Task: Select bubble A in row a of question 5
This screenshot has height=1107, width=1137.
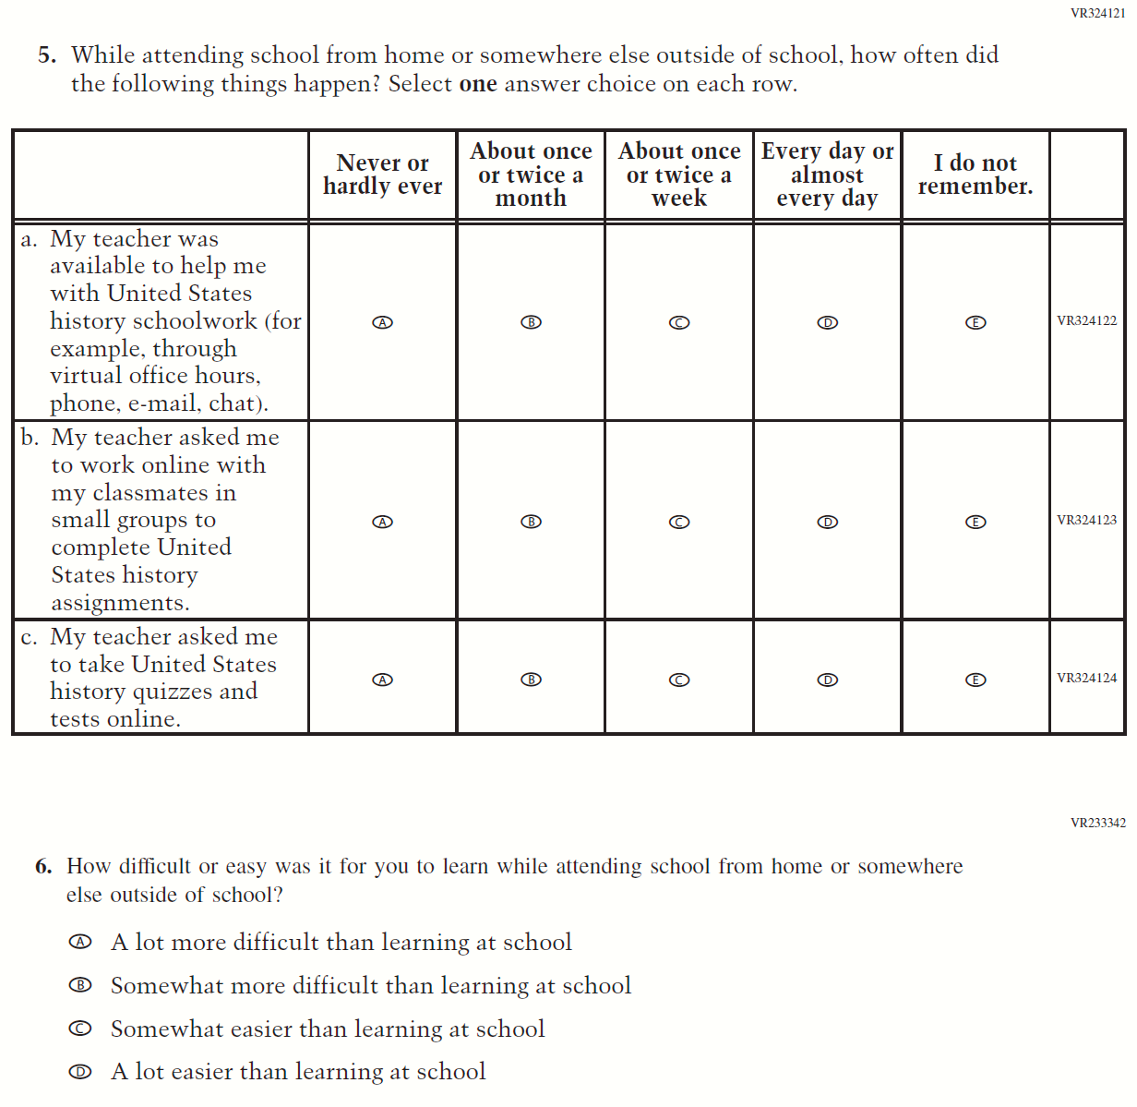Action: [x=382, y=322]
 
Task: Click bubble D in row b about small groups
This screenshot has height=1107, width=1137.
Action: [x=828, y=522]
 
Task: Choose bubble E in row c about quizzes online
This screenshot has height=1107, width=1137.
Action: [x=975, y=680]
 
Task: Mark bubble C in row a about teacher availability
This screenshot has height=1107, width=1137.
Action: [x=679, y=322]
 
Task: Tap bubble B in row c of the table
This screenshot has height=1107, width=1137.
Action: [x=531, y=680]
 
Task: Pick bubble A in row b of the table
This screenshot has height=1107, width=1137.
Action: [x=382, y=522]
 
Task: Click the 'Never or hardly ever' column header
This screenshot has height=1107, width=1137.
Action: [x=382, y=174]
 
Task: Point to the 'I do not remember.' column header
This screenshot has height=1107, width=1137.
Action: [x=975, y=174]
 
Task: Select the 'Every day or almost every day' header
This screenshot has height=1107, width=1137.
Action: [x=827, y=174]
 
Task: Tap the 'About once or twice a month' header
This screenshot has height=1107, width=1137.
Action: [x=531, y=174]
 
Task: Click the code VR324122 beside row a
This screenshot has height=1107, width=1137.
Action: [x=1086, y=320]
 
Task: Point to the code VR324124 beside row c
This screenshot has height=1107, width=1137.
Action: [x=1086, y=678]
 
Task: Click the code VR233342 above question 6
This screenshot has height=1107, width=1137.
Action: [x=1097, y=823]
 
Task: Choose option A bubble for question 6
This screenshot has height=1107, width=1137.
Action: [x=81, y=942]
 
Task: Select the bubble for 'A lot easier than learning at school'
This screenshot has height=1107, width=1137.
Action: [x=81, y=1072]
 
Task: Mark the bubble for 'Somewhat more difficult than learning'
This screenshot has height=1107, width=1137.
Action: [x=81, y=985]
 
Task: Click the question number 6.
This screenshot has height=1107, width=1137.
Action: [x=43, y=866]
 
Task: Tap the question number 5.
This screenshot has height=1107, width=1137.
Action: [x=47, y=55]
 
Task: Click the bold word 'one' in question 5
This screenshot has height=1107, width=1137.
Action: [x=478, y=84]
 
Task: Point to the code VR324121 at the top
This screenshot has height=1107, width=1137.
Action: [x=1097, y=13]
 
